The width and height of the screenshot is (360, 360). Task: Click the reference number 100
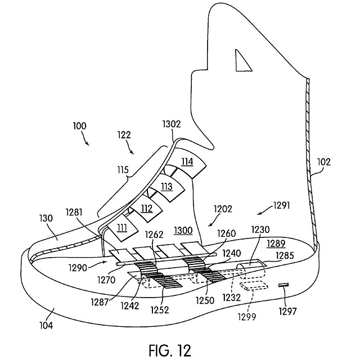click(x=80, y=126)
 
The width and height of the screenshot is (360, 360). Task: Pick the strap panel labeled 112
click(x=146, y=209)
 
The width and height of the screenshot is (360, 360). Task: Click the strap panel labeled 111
click(x=122, y=228)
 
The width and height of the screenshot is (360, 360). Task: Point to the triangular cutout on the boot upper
click(x=242, y=61)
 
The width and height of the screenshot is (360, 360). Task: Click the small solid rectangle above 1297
click(x=283, y=285)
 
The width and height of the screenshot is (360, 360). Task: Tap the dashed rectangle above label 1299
click(x=254, y=286)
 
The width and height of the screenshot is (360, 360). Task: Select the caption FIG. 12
click(x=170, y=350)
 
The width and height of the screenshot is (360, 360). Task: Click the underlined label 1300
click(x=183, y=230)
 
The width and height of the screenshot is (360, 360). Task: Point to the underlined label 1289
click(x=276, y=244)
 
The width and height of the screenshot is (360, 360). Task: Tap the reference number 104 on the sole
click(x=46, y=326)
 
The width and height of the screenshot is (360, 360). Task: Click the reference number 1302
click(x=172, y=124)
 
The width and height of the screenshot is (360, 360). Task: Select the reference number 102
click(x=324, y=162)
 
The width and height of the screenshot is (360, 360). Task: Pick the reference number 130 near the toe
click(x=46, y=218)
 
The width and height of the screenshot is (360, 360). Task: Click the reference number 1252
click(x=160, y=310)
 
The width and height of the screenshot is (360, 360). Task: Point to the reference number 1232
click(x=232, y=298)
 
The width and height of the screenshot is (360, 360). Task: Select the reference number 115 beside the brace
click(x=123, y=170)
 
